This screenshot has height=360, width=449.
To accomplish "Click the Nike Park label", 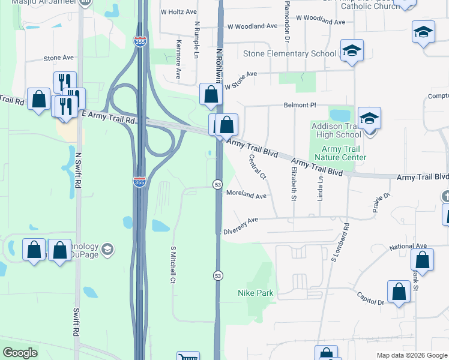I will [x=256, y=293].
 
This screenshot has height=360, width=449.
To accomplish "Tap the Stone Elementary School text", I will [x=289, y=53].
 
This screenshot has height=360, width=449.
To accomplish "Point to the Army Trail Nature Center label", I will [x=344, y=154].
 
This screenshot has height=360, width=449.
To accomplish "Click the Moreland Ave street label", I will [x=246, y=195].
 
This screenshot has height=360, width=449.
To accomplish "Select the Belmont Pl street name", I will [x=300, y=105].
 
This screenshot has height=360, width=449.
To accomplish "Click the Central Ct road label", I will [x=257, y=167].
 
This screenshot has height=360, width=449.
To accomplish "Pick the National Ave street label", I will [x=408, y=246].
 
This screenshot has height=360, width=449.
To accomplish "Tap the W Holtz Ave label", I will [x=178, y=11].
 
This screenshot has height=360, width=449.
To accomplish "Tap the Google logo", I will [x=20, y=353].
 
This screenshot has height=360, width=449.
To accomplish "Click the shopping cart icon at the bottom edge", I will [x=188, y=357].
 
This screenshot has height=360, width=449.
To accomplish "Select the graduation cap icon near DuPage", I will [x=107, y=249].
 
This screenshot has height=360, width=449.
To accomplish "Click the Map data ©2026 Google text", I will [x=412, y=355].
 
